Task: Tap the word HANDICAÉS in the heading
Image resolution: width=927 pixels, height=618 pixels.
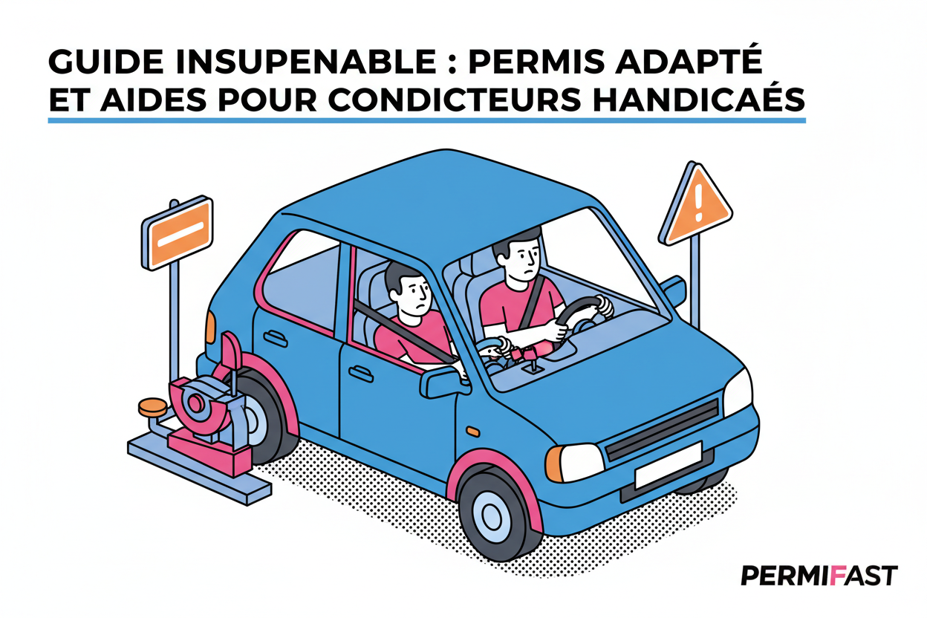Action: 699,100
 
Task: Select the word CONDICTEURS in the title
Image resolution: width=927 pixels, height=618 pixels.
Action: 455,100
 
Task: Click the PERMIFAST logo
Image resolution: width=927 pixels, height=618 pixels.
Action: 819,576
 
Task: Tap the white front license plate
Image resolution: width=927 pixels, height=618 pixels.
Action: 668,465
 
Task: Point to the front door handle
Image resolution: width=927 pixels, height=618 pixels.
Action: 360,373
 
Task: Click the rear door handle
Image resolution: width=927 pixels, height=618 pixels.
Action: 276,338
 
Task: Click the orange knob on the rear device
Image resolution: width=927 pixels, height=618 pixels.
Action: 153,406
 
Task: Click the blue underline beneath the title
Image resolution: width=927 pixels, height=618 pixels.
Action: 426,120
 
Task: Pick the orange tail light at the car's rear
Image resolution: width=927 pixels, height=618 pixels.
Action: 211,327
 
